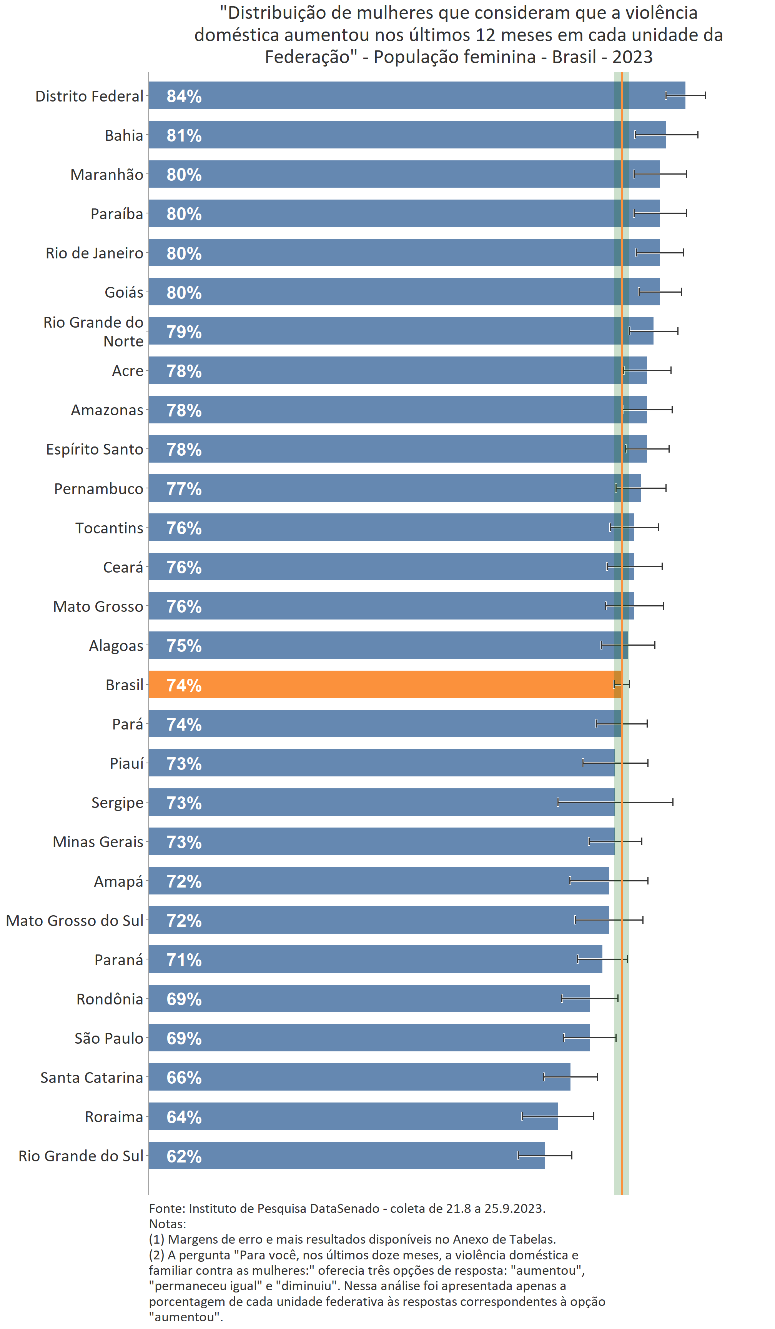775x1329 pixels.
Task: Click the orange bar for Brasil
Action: pos(385,684)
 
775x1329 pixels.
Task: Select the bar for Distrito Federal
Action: pos(416,95)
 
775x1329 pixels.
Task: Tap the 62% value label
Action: pos(184,1156)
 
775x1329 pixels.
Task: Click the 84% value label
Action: pos(184,96)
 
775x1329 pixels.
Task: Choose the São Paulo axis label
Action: pos(109,1038)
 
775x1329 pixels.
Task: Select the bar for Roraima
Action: pos(353,1116)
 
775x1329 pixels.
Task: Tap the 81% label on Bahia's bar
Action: pos(184,135)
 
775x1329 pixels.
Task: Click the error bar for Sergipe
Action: pos(615,802)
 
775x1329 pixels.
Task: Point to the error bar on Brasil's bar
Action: pos(622,684)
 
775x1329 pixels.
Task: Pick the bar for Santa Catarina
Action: pos(359,1077)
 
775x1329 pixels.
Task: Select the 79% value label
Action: pos(184,332)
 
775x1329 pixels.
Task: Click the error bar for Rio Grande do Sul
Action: pos(545,1156)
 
